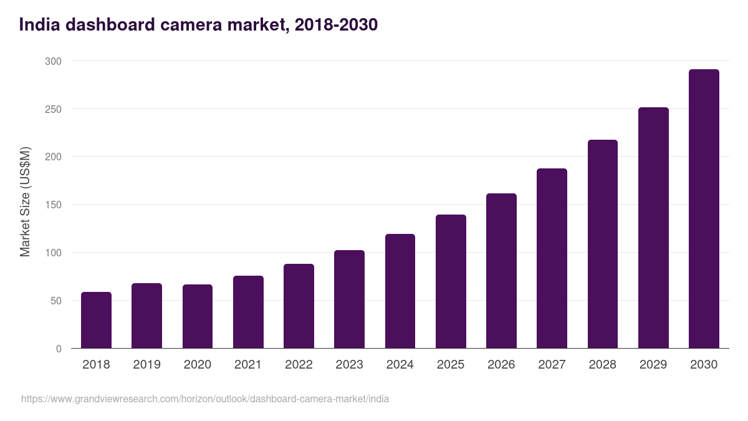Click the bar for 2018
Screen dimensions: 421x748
[96, 320]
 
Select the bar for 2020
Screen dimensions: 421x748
[198, 316]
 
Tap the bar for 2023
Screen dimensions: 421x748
[349, 299]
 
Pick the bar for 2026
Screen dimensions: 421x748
[501, 271]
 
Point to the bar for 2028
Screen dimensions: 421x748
[603, 244]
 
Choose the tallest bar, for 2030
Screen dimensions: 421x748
[704, 209]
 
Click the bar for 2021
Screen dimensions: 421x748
[248, 312]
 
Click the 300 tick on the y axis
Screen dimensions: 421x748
[53, 61]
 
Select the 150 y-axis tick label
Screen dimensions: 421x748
[53, 205]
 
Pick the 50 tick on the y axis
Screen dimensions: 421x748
[55, 301]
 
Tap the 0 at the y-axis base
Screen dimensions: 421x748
[59, 349]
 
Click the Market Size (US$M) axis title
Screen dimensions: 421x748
[25, 201]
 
